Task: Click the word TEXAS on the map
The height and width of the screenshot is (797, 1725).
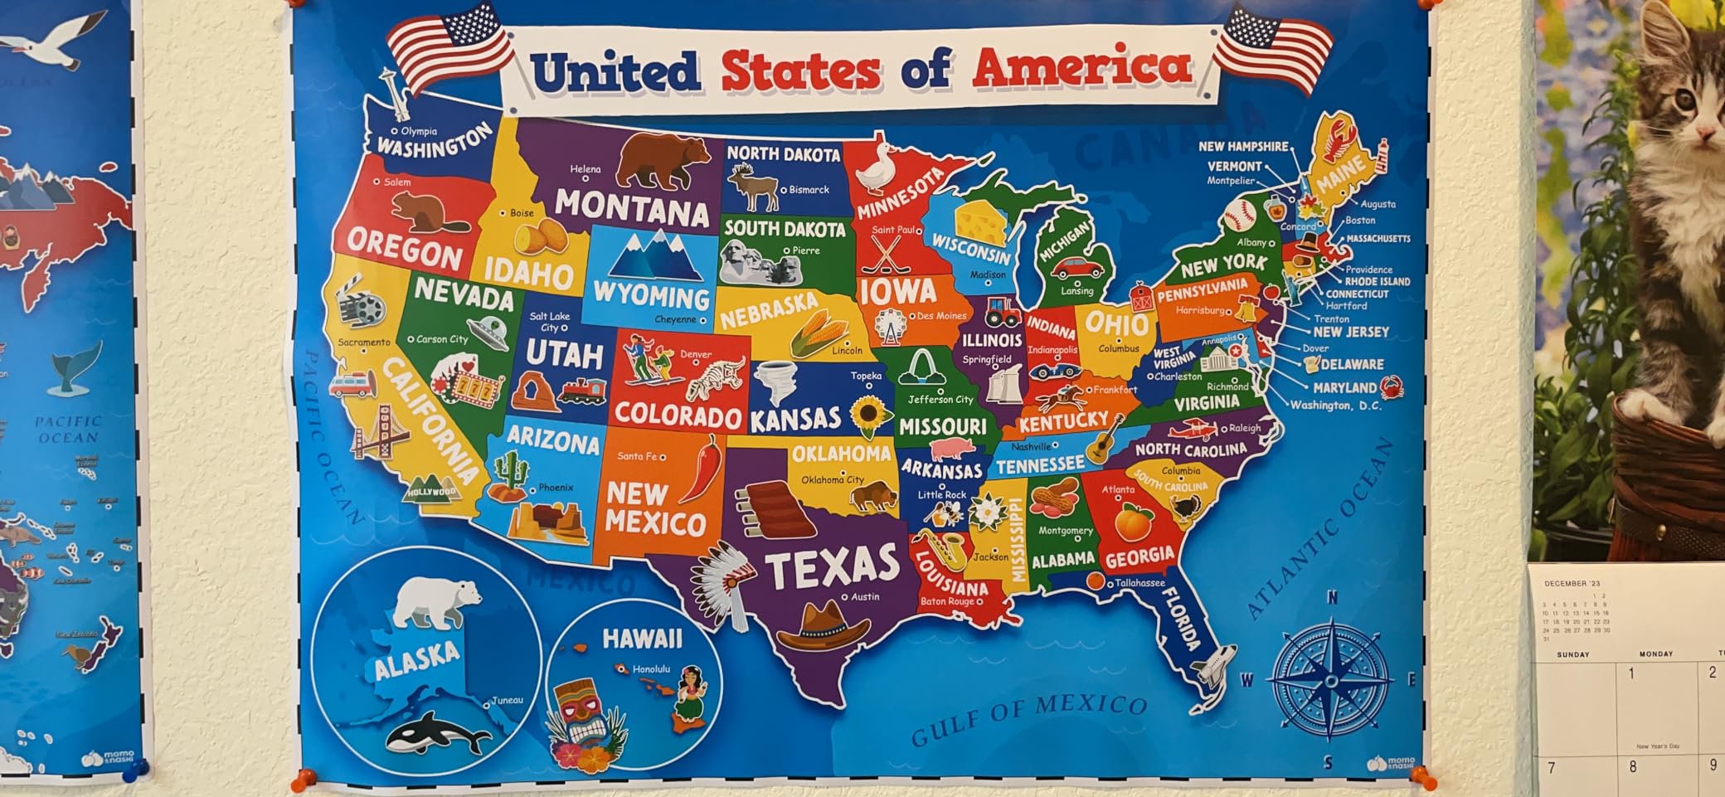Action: [x=832, y=566]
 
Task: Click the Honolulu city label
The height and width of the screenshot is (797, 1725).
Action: [x=650, y=669]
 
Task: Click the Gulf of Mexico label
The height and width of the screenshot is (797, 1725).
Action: [x=1028, y=717]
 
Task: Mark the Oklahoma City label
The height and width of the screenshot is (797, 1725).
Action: [x=832, y=479]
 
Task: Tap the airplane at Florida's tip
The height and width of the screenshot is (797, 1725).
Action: [x=1212, y=668]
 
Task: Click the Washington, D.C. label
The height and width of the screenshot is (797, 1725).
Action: [x=1335, y=406]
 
